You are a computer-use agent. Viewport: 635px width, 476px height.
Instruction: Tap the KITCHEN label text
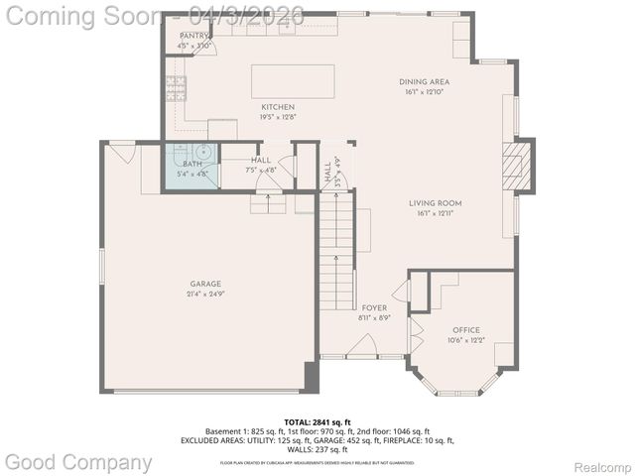278,106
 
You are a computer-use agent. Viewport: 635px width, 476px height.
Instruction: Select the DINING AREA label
424,81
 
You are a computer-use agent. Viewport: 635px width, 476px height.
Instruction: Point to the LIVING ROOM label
435,203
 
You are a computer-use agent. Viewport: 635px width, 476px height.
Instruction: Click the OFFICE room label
465,329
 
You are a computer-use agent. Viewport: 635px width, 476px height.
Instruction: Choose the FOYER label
373,307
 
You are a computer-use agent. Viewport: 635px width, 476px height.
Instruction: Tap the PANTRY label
193,36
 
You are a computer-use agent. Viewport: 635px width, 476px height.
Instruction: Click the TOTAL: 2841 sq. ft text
317,421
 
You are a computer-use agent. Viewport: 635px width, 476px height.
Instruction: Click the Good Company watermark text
79,461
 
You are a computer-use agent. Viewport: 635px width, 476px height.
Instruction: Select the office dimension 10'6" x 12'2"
465,340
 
